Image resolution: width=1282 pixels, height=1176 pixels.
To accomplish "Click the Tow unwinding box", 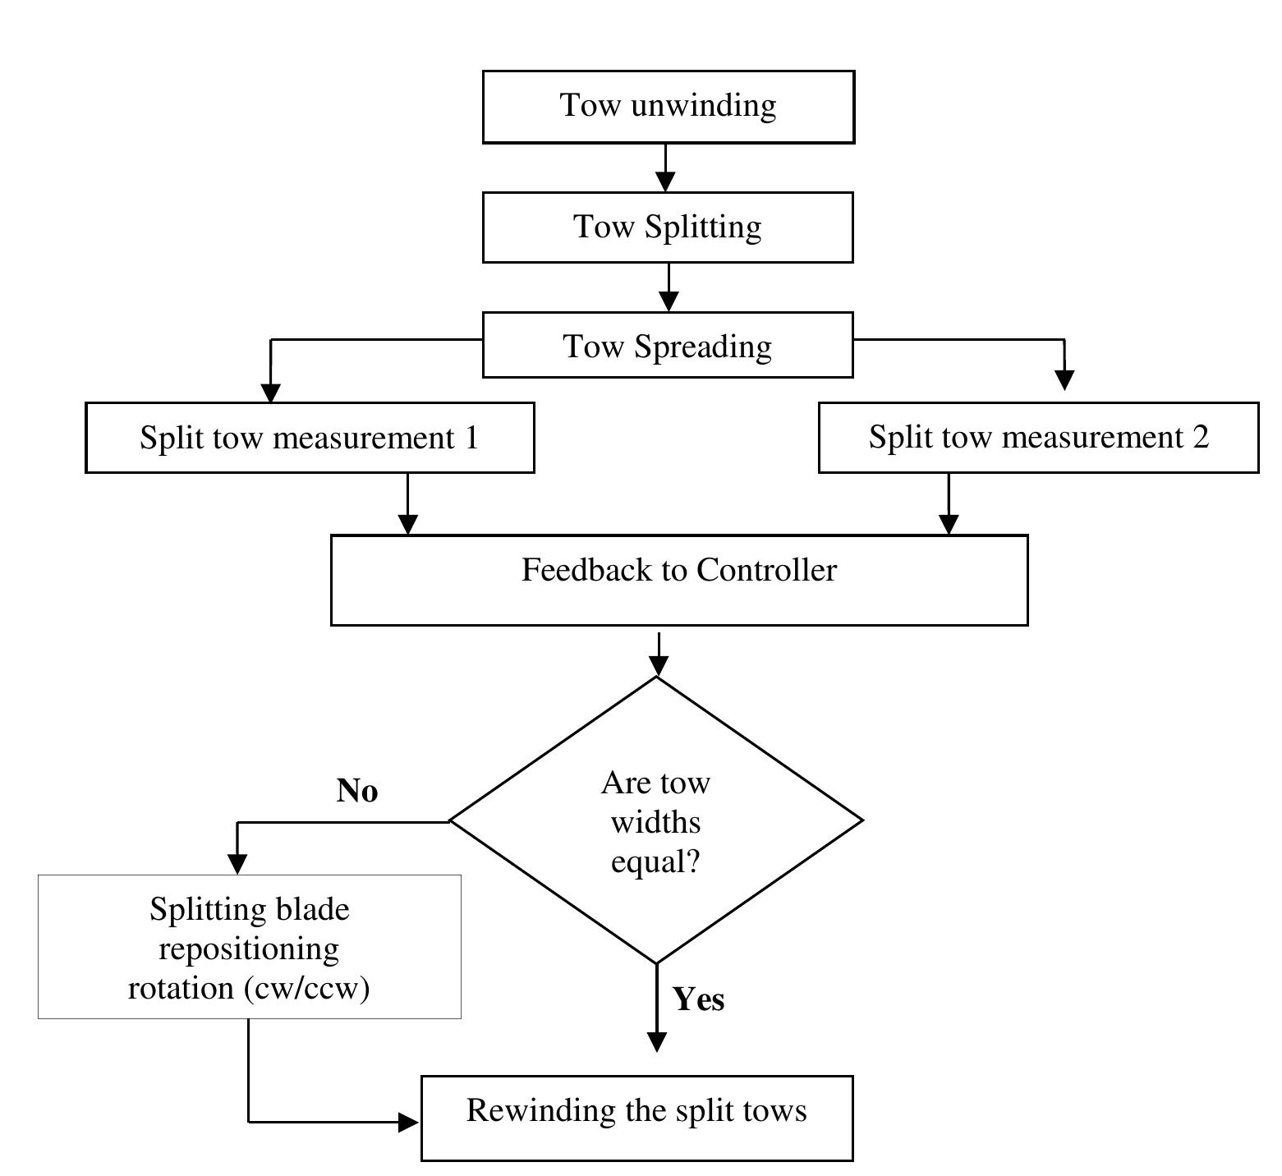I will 668,107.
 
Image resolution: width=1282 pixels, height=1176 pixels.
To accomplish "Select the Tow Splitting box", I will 668,227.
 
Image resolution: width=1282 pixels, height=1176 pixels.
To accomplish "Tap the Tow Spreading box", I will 668,346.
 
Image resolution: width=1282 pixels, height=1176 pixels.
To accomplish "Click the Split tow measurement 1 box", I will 310,438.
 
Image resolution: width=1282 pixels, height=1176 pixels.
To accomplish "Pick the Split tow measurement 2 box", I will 1038,437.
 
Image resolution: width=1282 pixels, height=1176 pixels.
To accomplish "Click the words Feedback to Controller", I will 678,570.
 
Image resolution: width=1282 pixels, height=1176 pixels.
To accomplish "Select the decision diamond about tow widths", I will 656,820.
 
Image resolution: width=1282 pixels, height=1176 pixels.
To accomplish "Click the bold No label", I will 357,791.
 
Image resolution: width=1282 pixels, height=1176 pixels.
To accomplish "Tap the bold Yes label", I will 698,999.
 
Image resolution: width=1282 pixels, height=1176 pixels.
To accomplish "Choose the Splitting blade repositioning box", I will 249,947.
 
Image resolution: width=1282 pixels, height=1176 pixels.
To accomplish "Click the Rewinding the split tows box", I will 636,1118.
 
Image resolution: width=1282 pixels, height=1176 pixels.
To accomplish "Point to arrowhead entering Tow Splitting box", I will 665,181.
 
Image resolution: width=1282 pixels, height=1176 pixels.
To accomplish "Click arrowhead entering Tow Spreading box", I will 669,301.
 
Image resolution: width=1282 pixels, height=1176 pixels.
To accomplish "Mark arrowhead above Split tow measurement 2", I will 1064,379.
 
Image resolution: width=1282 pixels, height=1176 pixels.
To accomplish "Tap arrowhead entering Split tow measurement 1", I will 270,393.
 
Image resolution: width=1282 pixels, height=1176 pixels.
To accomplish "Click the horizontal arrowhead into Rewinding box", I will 408,1122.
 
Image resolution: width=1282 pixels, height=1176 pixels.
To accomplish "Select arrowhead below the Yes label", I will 657,1041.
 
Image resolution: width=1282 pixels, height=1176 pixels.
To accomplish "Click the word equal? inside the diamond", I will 655,862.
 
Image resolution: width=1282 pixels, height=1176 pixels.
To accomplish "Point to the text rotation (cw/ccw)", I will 249,987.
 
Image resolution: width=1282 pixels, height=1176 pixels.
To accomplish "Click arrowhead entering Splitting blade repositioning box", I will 237,864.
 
